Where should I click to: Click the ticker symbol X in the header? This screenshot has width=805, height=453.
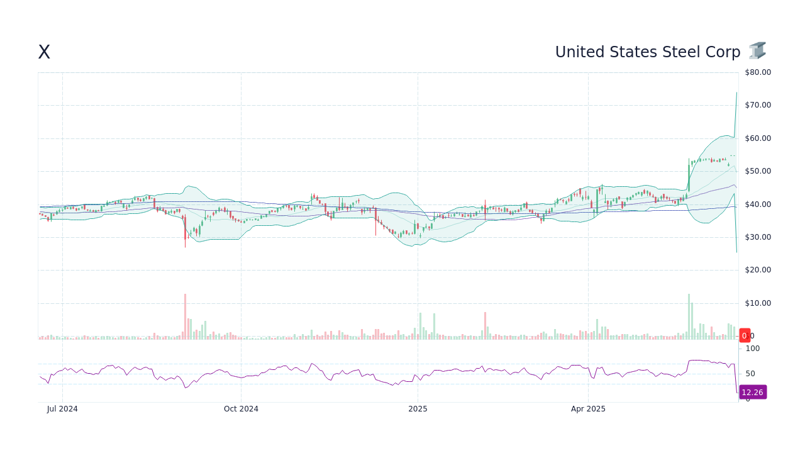pyautogui.click(x=44, y=52)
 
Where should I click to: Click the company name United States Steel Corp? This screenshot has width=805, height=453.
pyautogui.click(x=647, y=52)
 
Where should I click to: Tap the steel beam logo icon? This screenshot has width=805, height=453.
pyautogui.click(x=757, y=51)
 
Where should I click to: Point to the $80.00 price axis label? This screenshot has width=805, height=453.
pyautogui.click(x=758, y=72)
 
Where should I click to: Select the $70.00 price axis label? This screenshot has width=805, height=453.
pyautogui.click(x=758, y=105)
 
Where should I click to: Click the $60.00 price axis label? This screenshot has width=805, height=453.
pyautogui.click(x=758, y=138)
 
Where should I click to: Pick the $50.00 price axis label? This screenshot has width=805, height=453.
pyautogui.click(x=758, y=171)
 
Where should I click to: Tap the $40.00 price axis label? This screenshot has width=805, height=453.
pyautogui.click(x=758, y=204)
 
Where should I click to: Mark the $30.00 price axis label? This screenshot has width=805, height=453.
pyautogui.click(x=758, y=237)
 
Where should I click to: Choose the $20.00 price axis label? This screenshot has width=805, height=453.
pyautogui.click(x=758, y=270)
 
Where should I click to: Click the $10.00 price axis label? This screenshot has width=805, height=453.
pyautogui.click(x=758, y=303)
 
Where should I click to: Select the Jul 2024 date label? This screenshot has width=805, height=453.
pyautogui.click(x=62, y=409)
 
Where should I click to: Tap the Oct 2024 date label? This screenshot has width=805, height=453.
pyautogui.click(x=241, y=409)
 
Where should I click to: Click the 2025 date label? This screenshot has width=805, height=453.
pyautogui.click(x=418, y=409)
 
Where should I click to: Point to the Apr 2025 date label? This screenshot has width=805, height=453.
pyautogui.click(x=588, y=409)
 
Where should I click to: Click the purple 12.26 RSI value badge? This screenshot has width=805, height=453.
pyautogui.click(x=752, y=393)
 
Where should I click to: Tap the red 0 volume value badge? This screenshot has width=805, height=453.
pyautogui.click(x=745, y=336)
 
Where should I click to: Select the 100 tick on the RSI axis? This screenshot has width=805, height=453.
pyautogui.click(x=753, y=349)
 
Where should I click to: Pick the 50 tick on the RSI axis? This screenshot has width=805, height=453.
pyautogui.click(x=750, y=374)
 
